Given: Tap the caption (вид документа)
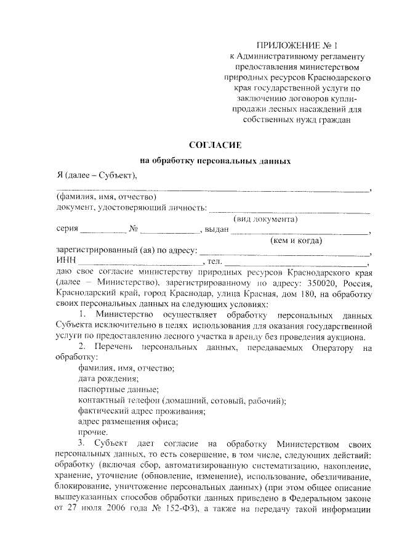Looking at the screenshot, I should tap(265, 219).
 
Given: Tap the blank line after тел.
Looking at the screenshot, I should tap(295, 264).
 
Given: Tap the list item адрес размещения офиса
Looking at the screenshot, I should tap(128, 422).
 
